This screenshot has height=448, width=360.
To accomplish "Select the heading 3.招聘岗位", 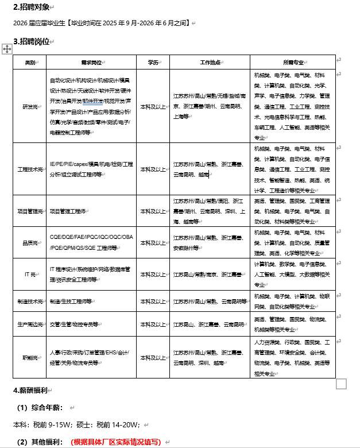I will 31,41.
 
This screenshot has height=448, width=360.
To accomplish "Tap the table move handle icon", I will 7,49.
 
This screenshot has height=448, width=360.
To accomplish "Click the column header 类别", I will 30,62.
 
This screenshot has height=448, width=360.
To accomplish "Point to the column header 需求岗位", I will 91,62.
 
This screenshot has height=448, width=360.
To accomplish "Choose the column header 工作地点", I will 210,62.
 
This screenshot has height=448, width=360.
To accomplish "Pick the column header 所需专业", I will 293,62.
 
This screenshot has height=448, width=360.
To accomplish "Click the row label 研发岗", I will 30,106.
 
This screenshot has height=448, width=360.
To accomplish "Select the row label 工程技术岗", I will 30,169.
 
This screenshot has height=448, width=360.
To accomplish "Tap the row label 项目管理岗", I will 30,211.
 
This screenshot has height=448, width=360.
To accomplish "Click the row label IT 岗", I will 30,275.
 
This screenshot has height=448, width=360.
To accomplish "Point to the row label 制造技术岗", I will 30,301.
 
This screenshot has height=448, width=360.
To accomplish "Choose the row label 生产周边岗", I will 30,325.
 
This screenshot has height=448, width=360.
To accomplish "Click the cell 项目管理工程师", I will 68,211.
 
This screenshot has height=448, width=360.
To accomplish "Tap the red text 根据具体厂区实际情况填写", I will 115,442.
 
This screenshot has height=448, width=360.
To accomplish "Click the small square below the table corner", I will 341,384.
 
